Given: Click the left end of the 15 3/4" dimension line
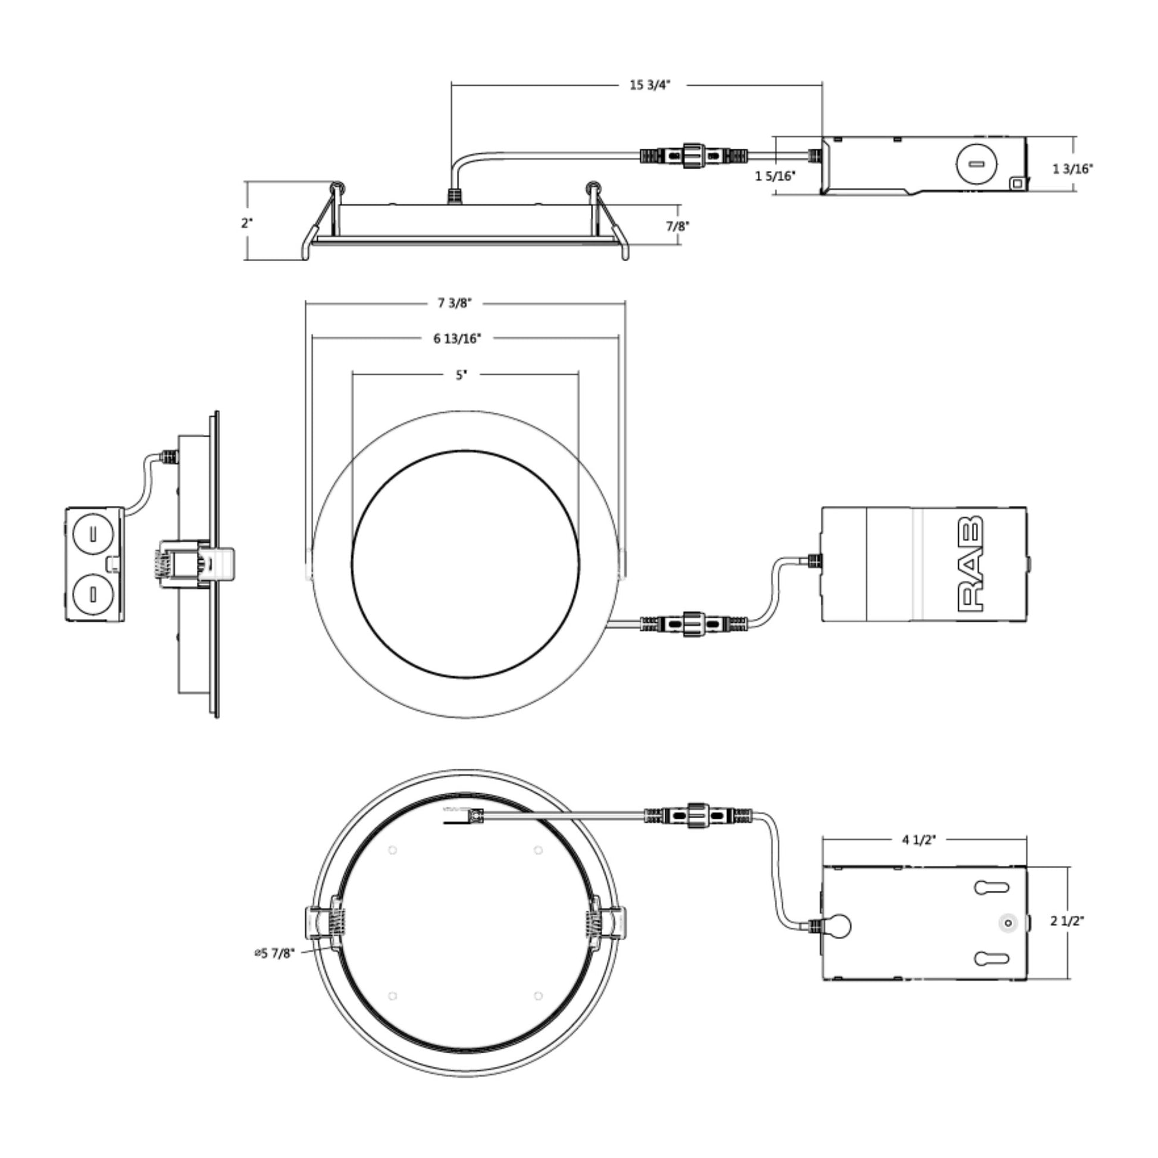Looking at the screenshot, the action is [451, 85].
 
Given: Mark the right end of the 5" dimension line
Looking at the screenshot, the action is [578, 375].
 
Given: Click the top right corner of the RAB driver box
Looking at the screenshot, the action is [1026, 508].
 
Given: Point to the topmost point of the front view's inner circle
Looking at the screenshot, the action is [466, 450].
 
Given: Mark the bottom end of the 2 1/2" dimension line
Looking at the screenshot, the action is [1069, 979].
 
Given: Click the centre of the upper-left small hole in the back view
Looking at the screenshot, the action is [393, 850].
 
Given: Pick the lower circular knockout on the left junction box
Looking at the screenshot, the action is [93, 594].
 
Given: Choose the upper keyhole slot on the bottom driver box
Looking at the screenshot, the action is [991, 888].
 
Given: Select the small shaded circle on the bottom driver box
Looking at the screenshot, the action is [1008, 924].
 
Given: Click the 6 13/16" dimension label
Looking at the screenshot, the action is [458, 339].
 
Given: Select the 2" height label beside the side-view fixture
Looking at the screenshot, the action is [248, 223].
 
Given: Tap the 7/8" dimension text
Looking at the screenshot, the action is [678, 226].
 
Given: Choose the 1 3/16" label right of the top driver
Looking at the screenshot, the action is [1073, 169].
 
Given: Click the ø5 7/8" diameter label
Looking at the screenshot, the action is [274, 953].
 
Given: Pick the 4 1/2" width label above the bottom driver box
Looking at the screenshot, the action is [919, 840].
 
